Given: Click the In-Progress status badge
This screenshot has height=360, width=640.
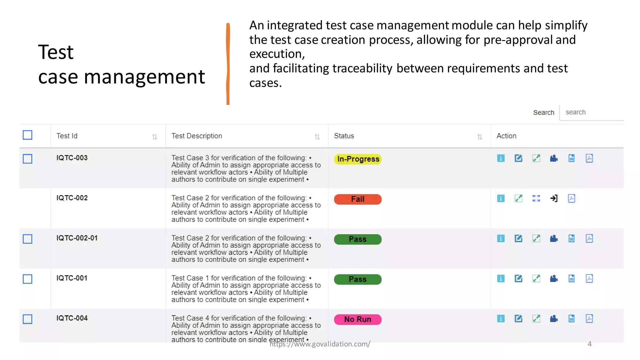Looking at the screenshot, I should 357,159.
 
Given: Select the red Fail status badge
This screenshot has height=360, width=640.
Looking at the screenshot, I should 357,199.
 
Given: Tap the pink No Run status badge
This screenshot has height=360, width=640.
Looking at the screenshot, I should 357,319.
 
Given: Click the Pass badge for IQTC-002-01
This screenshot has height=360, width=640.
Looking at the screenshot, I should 357,239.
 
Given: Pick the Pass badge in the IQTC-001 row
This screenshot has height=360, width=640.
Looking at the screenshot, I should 357,279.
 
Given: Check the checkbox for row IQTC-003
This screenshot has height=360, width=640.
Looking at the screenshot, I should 27,159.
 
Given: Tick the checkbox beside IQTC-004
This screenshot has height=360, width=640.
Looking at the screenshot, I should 27,319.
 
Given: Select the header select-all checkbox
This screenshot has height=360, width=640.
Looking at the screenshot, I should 27,135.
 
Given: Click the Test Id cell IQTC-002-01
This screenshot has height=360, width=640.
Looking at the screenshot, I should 77,238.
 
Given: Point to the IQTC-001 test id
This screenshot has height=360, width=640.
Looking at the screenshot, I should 72,278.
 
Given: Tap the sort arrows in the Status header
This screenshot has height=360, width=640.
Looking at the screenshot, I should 480,137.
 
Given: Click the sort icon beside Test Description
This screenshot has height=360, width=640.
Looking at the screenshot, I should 317,137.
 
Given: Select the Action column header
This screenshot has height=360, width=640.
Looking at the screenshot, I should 506,136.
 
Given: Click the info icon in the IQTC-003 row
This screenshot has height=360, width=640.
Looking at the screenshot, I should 501,158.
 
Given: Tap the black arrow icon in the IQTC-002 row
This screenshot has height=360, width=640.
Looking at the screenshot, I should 554,198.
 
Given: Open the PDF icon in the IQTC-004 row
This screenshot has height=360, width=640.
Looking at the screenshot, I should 589,319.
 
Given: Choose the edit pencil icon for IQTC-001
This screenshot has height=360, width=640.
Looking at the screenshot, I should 518,278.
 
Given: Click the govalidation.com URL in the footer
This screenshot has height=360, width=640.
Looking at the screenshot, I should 320,344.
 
